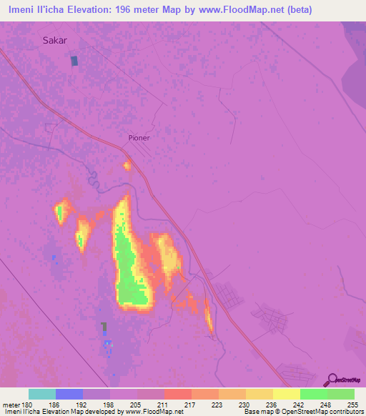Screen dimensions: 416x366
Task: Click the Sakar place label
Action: point(55,41)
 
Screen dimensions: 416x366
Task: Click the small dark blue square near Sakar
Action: point(74,61)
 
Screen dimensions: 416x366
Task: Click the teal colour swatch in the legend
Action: point(42,394)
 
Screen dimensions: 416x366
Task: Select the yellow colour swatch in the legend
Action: point(287,394)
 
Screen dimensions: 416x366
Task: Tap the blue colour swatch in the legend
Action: point(69,394)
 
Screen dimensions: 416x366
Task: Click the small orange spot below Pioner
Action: point(127,167)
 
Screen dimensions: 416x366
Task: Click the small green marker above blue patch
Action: point(104,327)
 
